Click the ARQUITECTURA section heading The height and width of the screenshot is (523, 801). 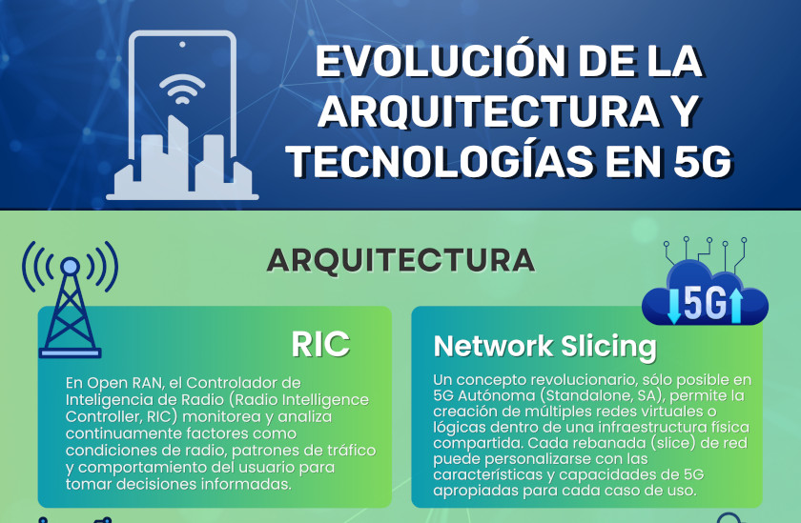(x=400, y=260)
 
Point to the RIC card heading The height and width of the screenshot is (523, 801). (x=320, y=344)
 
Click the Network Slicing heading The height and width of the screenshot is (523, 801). (x=545, y=347)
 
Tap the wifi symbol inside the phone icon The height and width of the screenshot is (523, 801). (x=182, y=89)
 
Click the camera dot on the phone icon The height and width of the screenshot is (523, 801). (x=182, y=45)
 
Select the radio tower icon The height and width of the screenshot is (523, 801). (x=70, y=299)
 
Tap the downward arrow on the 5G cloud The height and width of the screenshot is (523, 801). (x=674, y=306)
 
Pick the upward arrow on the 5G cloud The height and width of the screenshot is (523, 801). (x=736, y=305)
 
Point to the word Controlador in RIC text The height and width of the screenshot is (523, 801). (x=243, y=383)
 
